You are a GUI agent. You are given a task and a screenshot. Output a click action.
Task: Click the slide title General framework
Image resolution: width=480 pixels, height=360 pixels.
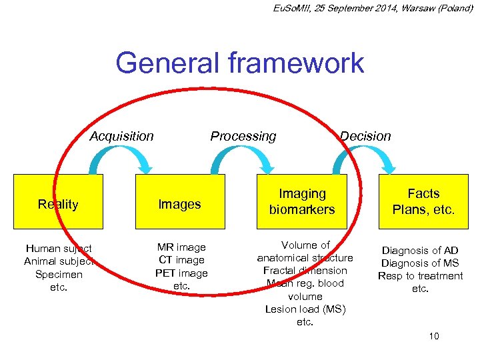[x=239, y=63]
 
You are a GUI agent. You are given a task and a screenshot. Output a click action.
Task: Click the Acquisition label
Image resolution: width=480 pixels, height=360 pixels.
[x=122, y=136]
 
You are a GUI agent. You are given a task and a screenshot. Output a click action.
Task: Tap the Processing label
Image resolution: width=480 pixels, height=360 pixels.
[x=243, y=136]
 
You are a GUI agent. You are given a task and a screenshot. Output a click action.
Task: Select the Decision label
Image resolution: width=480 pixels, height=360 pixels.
[x=365, y=136]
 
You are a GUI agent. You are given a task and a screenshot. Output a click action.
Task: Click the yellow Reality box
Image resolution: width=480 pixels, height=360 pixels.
[x=59, y=205]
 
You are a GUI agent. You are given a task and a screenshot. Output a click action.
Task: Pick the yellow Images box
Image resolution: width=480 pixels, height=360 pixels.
[x=180, y=205]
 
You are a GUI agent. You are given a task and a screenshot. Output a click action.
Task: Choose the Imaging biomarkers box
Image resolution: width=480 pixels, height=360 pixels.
[x=302, y=201]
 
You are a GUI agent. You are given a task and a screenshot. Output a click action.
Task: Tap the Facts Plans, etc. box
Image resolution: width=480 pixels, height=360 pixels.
[x=424, y=201]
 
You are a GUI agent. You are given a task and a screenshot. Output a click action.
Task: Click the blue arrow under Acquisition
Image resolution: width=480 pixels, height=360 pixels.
[x=121, y=160]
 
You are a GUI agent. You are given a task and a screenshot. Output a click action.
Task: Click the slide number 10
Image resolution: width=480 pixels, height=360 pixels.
[x=434, y=336]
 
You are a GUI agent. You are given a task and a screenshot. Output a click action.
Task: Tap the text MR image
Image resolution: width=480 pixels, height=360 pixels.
[x=181, y=247]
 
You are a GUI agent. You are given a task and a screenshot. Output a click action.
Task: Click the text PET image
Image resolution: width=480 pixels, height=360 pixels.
[x=181, y=273]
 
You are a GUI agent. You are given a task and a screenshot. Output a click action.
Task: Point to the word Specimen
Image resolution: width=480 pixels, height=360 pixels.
[x=59, y=274]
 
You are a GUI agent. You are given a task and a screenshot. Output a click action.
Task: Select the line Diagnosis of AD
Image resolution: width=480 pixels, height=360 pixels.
[x=420, y=251]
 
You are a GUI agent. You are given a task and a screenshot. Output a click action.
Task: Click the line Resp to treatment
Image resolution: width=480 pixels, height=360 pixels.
[x=420, y=276]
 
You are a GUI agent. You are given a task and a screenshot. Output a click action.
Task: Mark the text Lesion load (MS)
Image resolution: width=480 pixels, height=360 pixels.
[x=305, y=309]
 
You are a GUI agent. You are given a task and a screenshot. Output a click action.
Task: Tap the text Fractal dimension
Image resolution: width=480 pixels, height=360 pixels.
[x=305, y=271]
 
